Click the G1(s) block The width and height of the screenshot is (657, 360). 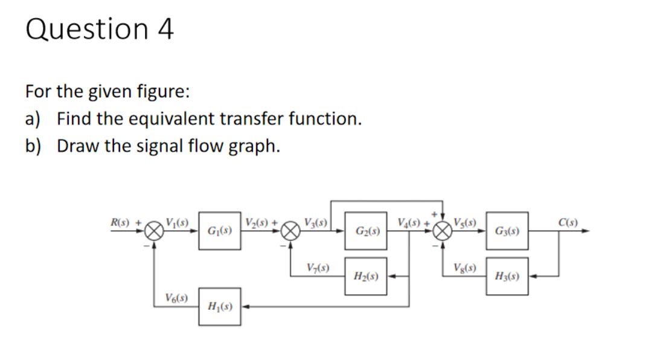pos(218,230)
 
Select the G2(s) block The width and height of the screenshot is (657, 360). pos(366,230)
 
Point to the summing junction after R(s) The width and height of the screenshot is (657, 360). pos(156,230)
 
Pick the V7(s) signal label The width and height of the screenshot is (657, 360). pos(317,267)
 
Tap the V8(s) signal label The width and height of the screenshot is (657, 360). pos(464,267)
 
